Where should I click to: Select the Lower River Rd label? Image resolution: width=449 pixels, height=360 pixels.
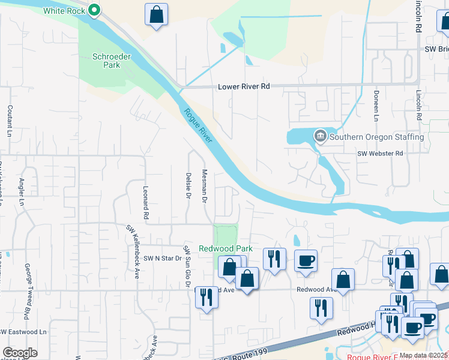pos(244,86)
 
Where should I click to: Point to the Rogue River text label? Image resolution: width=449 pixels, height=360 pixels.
pos(198,126)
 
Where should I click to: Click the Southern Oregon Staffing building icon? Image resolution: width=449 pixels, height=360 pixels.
pos(320,137)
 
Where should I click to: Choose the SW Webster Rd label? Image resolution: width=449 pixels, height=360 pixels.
pos(380,154)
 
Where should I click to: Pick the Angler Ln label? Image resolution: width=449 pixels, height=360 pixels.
pos(22,191)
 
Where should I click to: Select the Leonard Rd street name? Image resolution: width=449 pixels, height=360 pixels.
pos(145,198)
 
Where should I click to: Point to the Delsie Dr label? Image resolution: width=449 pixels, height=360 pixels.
pos(188,187)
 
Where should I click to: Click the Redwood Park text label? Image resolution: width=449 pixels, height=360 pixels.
pos(226,248)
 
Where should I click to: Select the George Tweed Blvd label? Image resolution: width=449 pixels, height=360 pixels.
pos(27,282)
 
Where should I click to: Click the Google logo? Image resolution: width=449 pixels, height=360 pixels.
pos(20,352)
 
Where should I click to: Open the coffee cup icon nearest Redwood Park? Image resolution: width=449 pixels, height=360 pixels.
pos(306,260)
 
